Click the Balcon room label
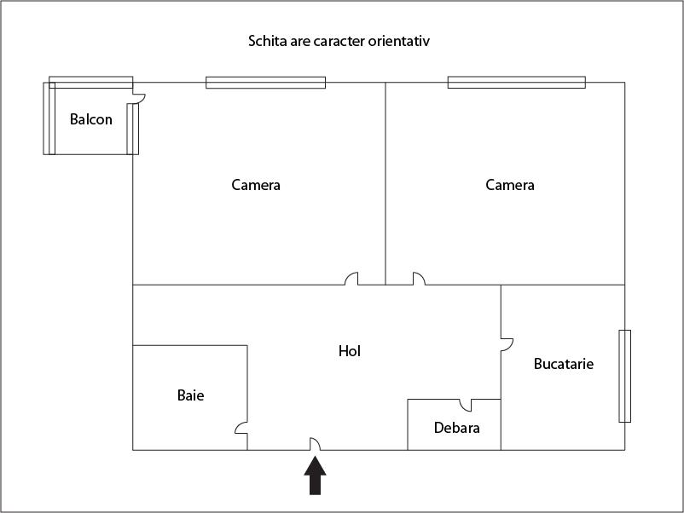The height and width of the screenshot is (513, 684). coord(90,119)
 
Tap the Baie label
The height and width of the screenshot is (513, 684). coord(191,395)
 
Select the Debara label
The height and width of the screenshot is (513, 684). coord(456,428)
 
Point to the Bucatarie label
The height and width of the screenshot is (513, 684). coord(563,364)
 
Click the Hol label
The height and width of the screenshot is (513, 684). coord(350,350)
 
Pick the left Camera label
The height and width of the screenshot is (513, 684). coord(256,185)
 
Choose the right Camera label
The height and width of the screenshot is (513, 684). coord(510,185)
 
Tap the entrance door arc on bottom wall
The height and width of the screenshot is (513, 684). coord(314,444)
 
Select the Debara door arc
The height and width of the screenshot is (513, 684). coord(466,404)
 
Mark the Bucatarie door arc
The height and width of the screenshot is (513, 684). coord(507,343)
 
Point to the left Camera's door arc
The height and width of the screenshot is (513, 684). coord(351,279)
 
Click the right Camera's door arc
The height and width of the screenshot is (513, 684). coord(418,279)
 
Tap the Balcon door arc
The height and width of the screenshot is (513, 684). coord(139,98)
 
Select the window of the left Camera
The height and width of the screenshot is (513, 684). coord(265,83)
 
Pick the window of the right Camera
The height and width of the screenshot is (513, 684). coord(516,83)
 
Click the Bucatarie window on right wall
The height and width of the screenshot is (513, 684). coord(625,376)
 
